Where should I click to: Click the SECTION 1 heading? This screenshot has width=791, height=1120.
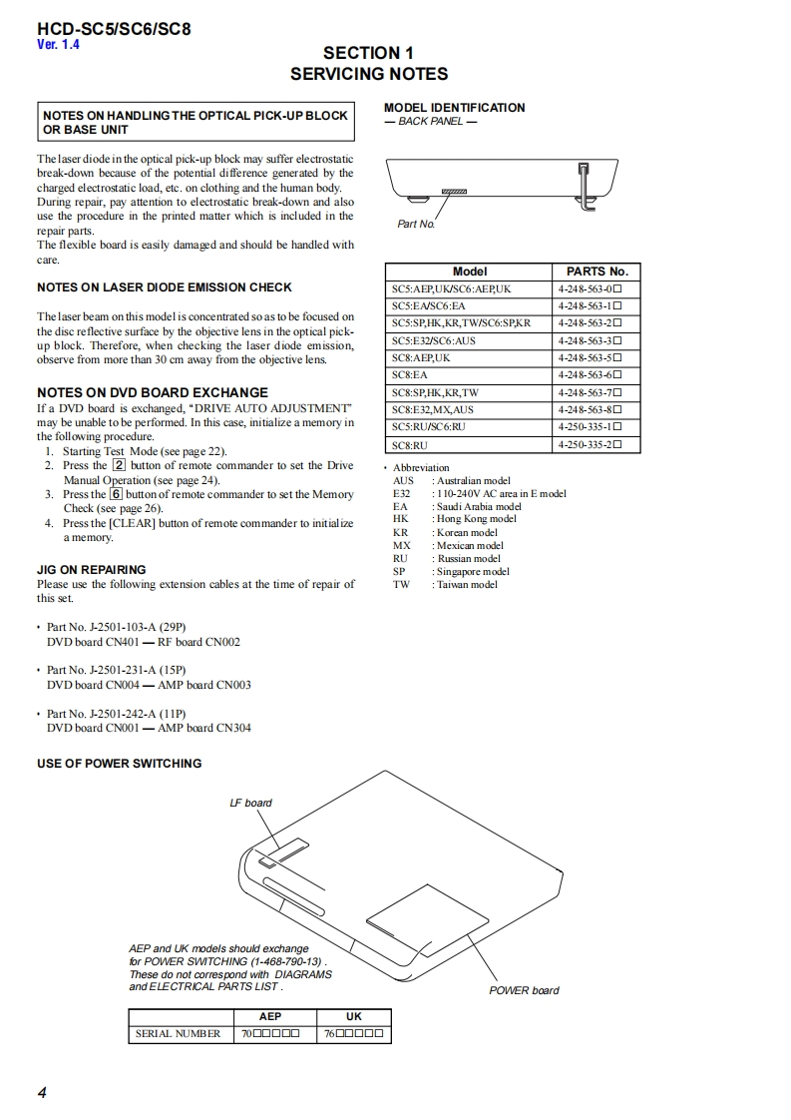click(x=368, y=53)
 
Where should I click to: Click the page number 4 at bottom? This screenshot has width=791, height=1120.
click(x=42, y=1092)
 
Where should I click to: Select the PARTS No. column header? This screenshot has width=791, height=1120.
click(x=596, y=272)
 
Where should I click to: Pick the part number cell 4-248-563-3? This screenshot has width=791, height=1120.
click(x=590, y=340)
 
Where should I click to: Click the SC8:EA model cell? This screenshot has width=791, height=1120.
click(x=409, y=375)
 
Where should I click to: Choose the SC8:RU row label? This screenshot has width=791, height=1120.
click(x=409, y=445)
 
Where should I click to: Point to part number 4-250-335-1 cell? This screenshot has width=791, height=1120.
click(x=590, y=427)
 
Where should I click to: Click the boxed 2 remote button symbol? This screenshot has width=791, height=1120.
click(x=119, y=465)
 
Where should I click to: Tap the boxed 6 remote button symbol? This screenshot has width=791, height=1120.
click(x=116, y=494)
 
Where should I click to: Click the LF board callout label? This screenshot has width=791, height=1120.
click(x=250, y=803)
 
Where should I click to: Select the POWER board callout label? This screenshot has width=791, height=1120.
click(x=524, y=990)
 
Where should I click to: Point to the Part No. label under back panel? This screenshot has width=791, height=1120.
click(x=416, y=225)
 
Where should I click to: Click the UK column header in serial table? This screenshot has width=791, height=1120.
click(x=353, y=1016)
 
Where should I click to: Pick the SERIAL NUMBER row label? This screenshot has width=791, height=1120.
click(x=178, y=1034)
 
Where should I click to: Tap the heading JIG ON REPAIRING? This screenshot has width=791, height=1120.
click(x=91, y=570)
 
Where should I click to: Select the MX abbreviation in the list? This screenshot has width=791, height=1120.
click(x=401, y=546)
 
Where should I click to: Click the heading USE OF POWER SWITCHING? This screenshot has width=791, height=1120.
click(x=119, y=764)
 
